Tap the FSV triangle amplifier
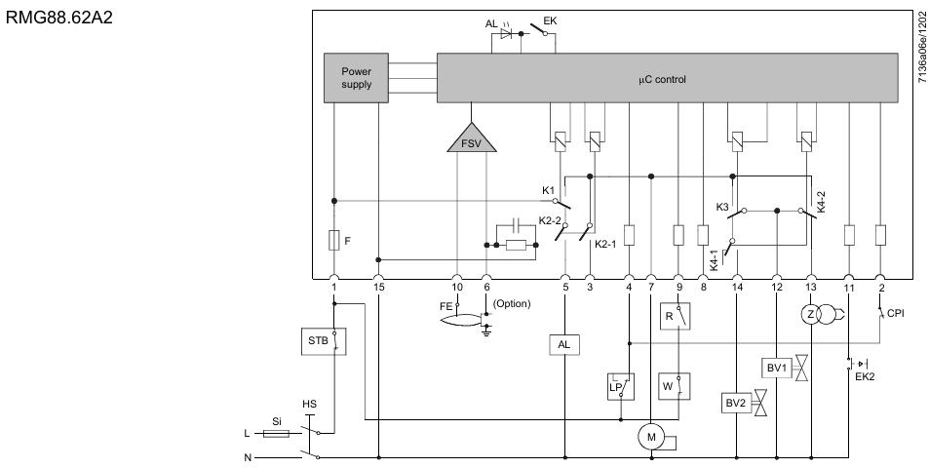[472, 139]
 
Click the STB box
[318, 342]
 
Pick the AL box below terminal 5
[565, 346]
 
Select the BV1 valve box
[776, 368]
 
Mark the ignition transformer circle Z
[808, 314]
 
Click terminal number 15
[378, 287]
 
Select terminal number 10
[457, 287]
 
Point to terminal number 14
[736, 287]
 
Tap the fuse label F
[348, 238]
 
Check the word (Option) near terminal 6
[512, 303]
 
